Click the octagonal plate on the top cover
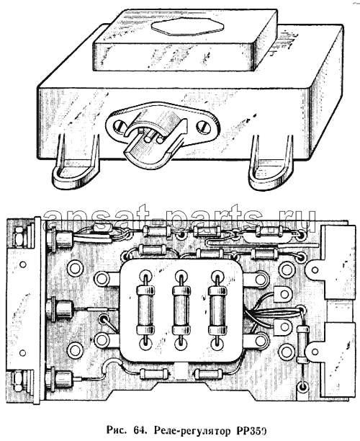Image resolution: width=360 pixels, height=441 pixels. tap(187, 26)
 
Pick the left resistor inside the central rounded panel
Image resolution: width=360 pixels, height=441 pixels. tap(145, 309)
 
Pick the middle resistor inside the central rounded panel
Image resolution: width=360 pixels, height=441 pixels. tap(181, 310)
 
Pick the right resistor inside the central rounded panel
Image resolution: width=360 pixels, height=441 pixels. tap(217, 310)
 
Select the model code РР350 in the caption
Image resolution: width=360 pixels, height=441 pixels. tap(248, 430)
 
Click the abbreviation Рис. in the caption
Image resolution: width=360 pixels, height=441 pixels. tap(117, 430)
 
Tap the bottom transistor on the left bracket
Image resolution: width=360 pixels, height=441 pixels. tap(60, 379)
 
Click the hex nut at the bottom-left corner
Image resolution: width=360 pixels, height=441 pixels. tap(19, 380)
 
